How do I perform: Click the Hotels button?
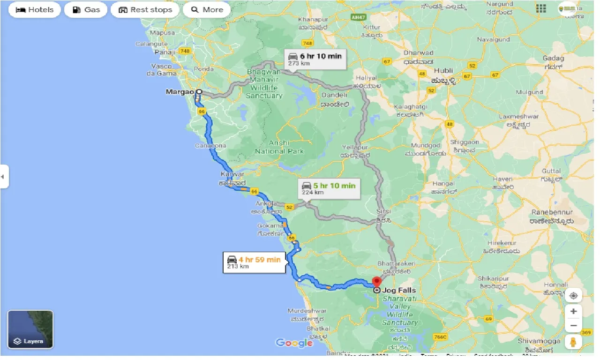tap(35, 10)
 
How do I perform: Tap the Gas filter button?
tap(86, 10)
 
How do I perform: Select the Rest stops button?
tap(145, 10)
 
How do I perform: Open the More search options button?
tap(207, 10)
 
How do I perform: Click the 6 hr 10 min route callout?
tap(315, 59)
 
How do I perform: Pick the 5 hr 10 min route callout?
tap(329, 188)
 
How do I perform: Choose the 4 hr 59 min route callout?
tap(255, 262)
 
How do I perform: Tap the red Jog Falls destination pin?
tap(376, 282)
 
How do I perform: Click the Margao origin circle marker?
tap(199, 92)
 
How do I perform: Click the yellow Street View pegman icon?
tap(573, 342)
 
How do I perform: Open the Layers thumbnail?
tap(30, 330)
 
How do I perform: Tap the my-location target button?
tap(573, 296)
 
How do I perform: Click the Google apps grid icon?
tap(541, 8)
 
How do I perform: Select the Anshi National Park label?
tap(279, 147)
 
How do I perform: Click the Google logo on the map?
tap(294, 343)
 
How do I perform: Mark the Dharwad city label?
tap(419, 53)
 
